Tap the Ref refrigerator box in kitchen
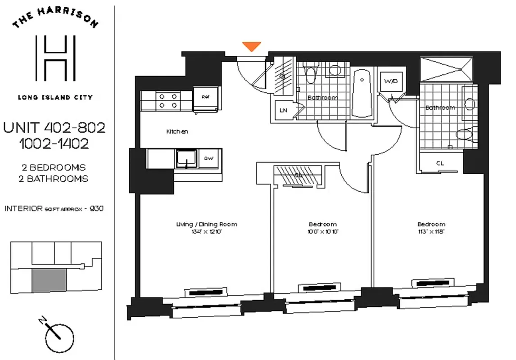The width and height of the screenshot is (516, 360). (x=205, y=97)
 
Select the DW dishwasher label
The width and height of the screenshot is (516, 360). (x=208, y=158)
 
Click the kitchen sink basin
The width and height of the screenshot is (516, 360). (x=185, y=158)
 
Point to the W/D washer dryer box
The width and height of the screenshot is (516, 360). (x=390, y=82)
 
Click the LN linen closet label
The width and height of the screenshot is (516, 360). (x=284, y=110)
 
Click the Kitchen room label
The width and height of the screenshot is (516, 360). (x=177, y=132)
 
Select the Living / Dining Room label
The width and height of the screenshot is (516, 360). (x=207, y=224)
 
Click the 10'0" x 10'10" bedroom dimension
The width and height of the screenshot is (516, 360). (x=322, y=232)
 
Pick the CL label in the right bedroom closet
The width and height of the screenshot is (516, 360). (x=440, y=163)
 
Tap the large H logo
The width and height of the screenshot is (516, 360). (x=55, y=58)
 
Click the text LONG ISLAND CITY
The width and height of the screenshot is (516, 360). (x=55, y=97)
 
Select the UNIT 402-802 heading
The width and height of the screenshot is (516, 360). (x=54, y=128)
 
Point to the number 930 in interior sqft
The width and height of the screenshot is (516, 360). (x=98, y=209)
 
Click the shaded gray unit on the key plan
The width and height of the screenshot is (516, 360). (x=49, y=279)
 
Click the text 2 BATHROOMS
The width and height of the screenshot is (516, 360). (x=55, y=179)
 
